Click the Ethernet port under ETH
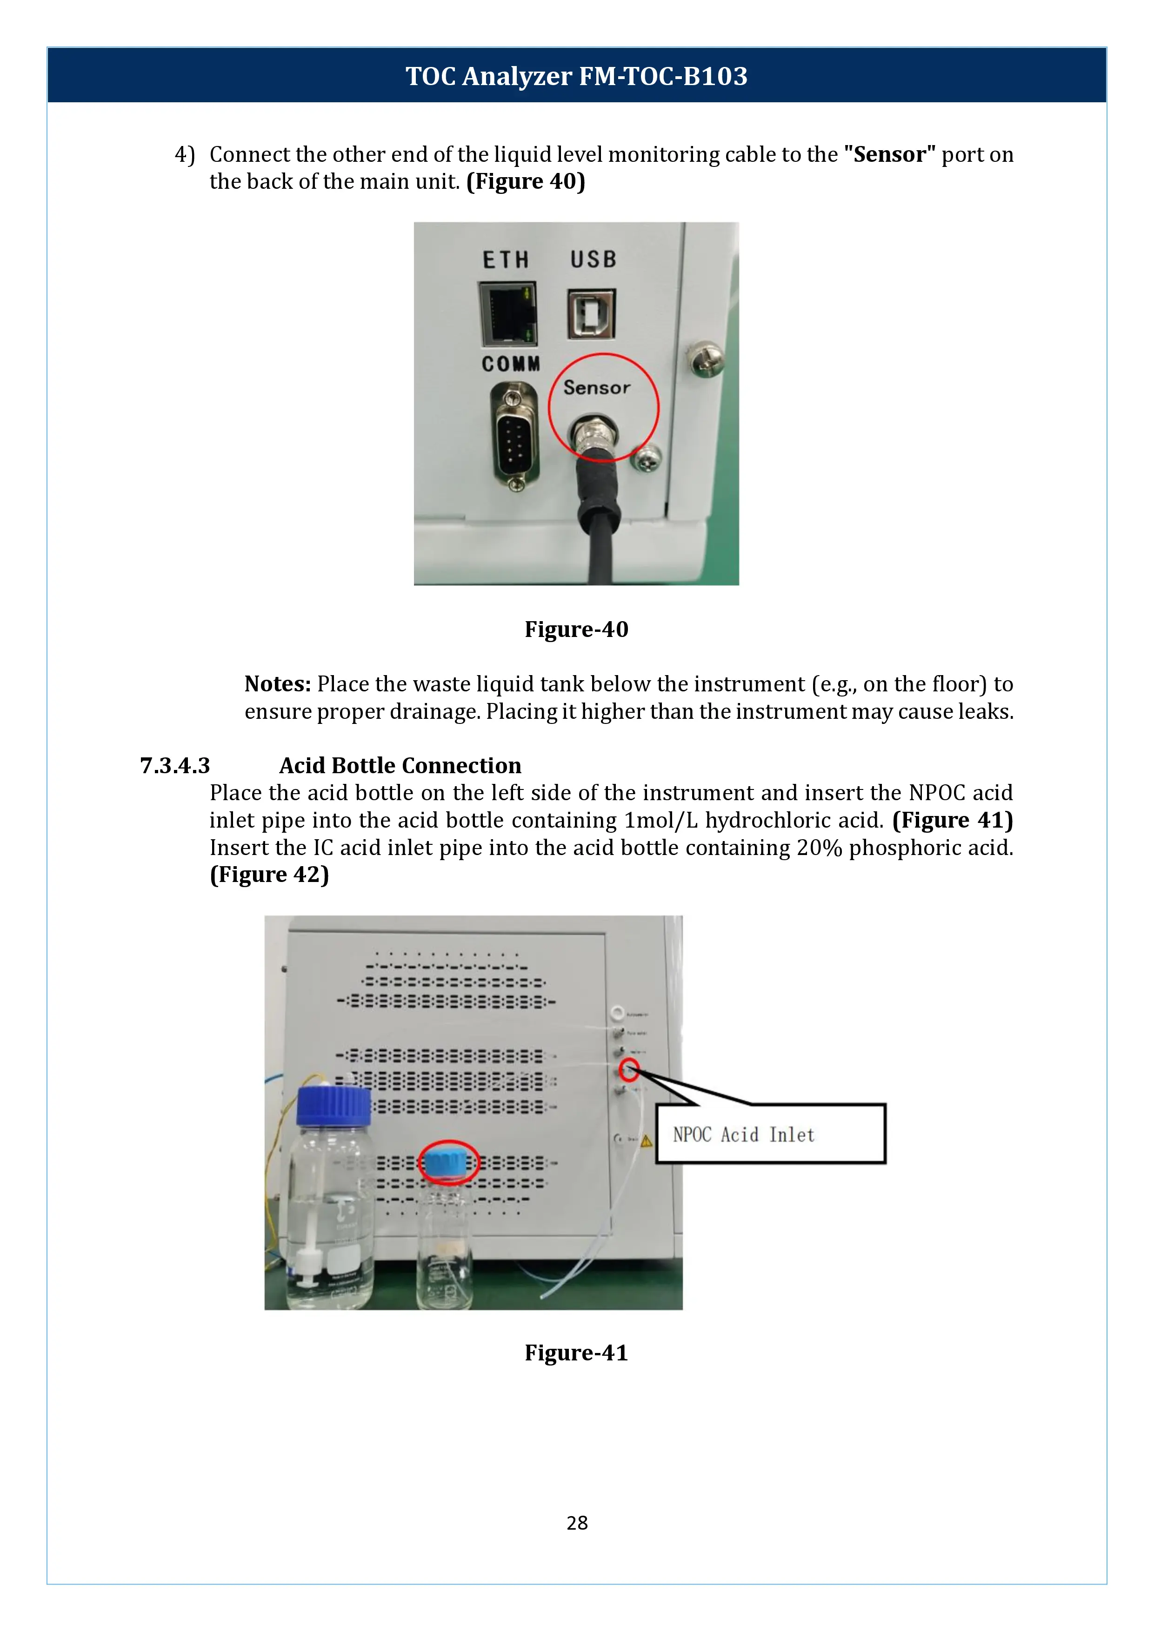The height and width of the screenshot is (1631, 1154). [507, 313]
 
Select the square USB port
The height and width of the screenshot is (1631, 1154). [591, 314]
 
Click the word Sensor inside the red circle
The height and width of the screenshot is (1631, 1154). [596, 388]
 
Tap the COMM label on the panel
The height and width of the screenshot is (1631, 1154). [510, 364]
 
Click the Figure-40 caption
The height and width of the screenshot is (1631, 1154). [576, 630]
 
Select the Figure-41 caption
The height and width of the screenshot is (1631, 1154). [576, 1353]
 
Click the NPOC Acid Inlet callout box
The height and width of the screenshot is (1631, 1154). [770, 1134]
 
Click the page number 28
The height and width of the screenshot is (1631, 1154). [577, 1522]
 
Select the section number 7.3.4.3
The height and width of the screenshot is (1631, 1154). [175, 766]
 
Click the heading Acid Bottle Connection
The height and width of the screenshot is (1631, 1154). [400, 766]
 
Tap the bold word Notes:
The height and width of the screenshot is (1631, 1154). [278, 684]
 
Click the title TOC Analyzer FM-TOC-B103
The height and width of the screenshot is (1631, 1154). [576, 76]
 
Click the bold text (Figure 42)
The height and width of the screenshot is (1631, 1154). [269, 875]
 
